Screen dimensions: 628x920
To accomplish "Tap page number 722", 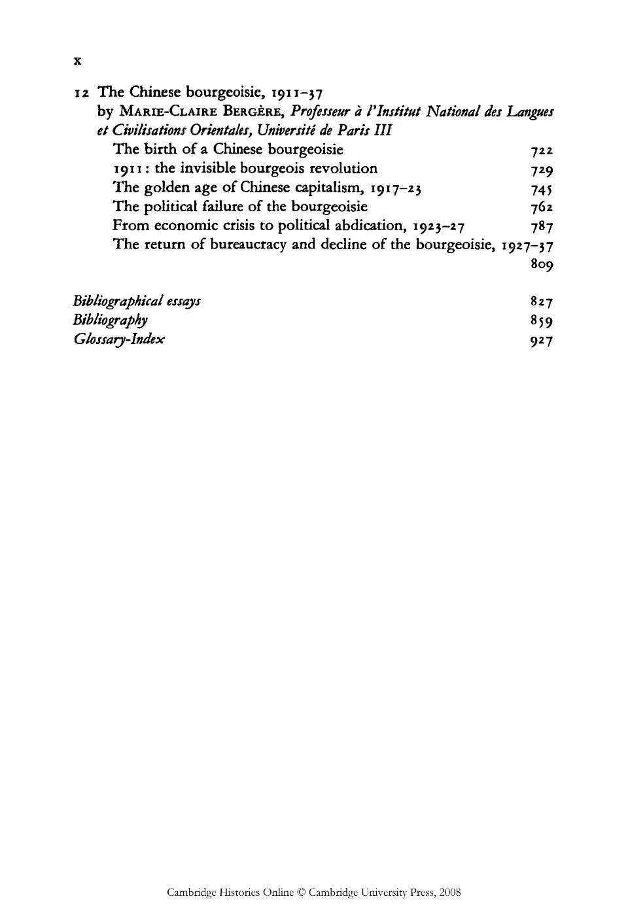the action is [543, 151].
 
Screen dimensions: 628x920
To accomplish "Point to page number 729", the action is [543, 170].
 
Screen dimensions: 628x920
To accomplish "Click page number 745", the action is [543, 189].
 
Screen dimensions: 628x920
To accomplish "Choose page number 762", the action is [543, 208].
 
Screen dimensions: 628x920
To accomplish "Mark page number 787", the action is [543, 227].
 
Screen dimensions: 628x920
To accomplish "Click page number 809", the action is [543, 265].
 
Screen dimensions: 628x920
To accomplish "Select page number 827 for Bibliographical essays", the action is [543, 302].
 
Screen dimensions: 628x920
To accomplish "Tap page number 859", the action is [543, 321].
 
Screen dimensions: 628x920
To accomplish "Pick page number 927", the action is [543, 340].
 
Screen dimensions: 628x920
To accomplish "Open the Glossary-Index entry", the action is [119, 339].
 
